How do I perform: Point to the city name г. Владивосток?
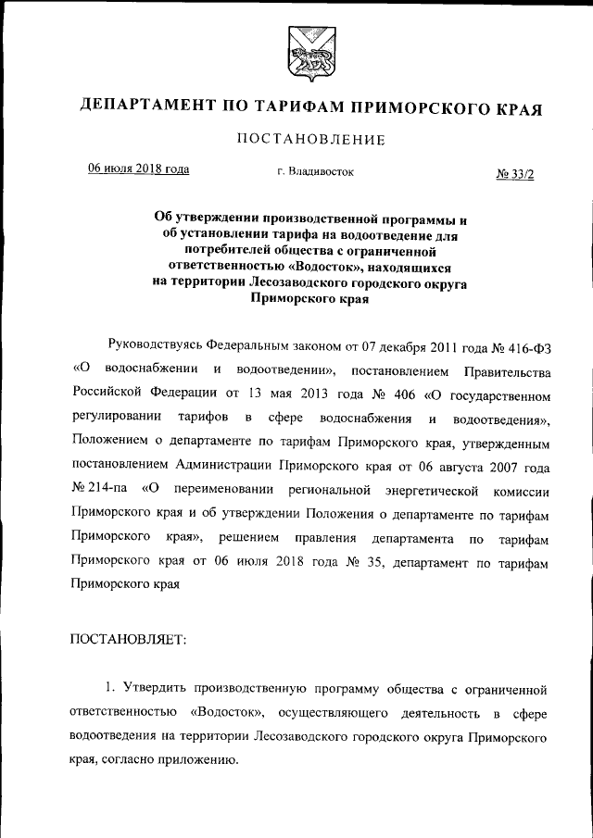(315, 171)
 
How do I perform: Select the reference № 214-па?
(97, 490)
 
